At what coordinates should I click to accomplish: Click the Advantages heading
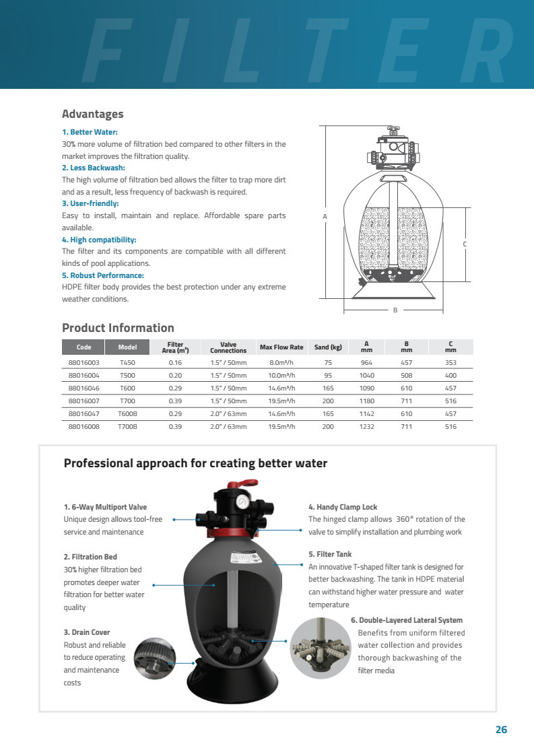click(92, 114)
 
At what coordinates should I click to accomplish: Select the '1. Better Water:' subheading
click(90, 132)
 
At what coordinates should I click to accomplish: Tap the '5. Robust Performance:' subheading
click(103, 275)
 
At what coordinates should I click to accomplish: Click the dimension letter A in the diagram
click(325, 217)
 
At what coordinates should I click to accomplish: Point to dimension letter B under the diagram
click(395, 310)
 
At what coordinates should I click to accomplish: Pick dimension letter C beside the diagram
click(465, 244)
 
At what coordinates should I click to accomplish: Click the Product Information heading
click(118, 328)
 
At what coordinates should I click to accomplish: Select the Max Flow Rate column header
click(281, 347)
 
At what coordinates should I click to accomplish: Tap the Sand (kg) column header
click(328, 347)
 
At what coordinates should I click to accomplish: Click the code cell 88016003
click(84, 362)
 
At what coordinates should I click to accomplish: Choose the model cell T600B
click(127, 414)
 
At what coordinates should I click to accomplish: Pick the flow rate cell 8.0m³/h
click(281, 362)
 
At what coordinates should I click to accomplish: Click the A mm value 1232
click(366, 427)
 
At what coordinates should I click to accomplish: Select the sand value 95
click(328, 375)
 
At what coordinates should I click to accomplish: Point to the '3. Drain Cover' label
click(87, 632)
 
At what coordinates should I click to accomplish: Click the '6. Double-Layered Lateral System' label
click(407, 620)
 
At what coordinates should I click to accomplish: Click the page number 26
click(500, 730)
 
